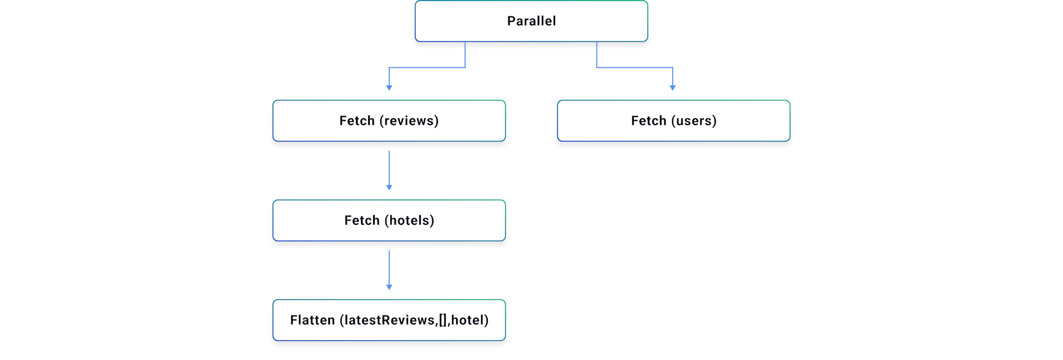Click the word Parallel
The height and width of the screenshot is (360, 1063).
pyautogui.click(x=531, y=21)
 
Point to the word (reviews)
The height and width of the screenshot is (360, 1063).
pyautogui.click(x=409, y=121)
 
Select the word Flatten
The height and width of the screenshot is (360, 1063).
pyautogui.click(x=312, y=320)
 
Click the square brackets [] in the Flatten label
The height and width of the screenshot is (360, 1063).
pyautogui.click(x=443, y=320)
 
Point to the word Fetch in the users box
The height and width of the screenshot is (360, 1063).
pyautogui.click(x=648, y=121)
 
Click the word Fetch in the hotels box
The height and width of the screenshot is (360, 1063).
pyautogui.click(x=362, y=220)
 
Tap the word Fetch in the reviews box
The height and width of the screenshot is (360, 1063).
pyautogui.click(x=357, y=121)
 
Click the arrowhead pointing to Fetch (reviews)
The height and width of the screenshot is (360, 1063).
pyautogui.click(x=389, y=88)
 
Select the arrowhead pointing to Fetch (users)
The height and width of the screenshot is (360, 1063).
pyautogui.click(x=673, y=88)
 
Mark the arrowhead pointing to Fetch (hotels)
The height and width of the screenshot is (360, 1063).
pyautogui.click(x=389, y=187)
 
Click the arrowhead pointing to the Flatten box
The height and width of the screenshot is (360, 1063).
pyautogui.click(x=389, y=287)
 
